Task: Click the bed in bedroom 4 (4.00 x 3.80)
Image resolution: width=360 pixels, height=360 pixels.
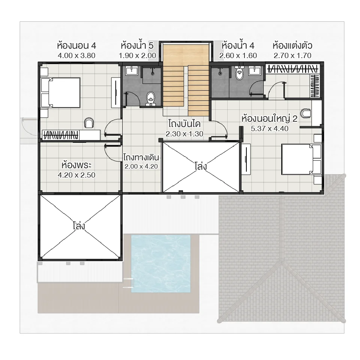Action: [x=62, y=93]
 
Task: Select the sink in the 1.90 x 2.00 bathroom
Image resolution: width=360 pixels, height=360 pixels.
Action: [x=132, y=70]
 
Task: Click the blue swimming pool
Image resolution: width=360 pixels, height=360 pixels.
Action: [x=161, y=263]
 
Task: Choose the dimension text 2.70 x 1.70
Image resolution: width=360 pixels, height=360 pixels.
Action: [x=292, y=55]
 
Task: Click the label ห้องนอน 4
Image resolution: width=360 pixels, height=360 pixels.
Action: [x=77, y=46]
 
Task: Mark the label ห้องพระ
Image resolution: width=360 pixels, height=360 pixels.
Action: [x=73, y=165]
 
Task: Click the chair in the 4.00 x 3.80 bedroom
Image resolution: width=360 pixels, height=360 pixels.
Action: [x=89, y=122]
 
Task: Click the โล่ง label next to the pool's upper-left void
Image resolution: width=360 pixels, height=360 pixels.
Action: [x=79, y=226]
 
